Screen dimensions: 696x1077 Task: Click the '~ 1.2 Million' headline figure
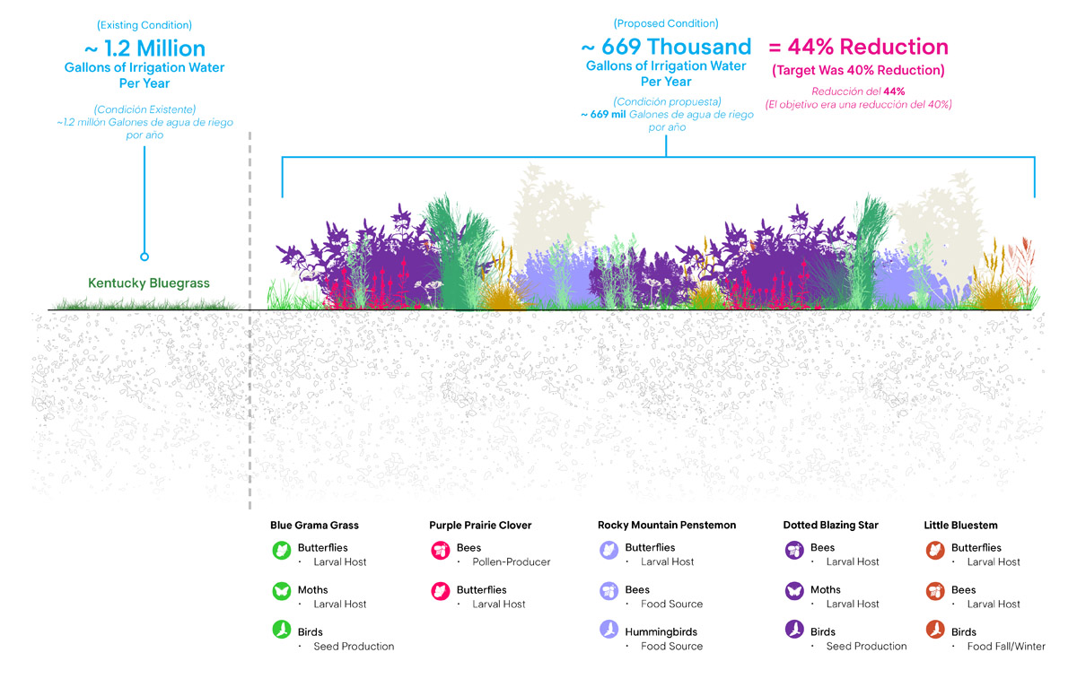click(x=144, y=48)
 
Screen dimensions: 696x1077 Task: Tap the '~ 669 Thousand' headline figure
click(x=666, y=47)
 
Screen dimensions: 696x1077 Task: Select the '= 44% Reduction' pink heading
click(x=859, y=47)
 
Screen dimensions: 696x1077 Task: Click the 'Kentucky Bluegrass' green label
click(x=149, y=283)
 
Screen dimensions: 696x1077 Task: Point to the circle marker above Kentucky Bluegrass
click(x=144, y=257)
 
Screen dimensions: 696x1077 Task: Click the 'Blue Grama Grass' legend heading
click(x=314, y=526)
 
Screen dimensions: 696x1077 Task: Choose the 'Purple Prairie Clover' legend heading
click(x=480, y=526)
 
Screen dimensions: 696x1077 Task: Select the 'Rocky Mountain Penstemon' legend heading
click(x=667, y=526)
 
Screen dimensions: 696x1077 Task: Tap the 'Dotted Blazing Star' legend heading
click(x=830, y=526)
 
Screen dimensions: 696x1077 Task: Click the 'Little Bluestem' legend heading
click(x=960, y=526)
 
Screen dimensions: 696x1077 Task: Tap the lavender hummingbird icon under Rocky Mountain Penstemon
click(x=609, y=631)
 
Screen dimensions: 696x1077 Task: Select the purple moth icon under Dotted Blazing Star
click(x=793, y=591)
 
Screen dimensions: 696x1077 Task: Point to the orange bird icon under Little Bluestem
click(x=934, y=631)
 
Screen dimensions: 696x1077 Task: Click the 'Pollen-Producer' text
click(x=511, y=562)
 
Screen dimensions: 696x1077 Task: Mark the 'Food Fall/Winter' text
click(x=1006, y=647)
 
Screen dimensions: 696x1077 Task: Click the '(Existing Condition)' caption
click(x=144, y=26)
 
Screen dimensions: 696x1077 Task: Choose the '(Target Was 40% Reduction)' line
click(x=858, y=71)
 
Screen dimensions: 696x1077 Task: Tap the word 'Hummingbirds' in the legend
click(x=661, y=632)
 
